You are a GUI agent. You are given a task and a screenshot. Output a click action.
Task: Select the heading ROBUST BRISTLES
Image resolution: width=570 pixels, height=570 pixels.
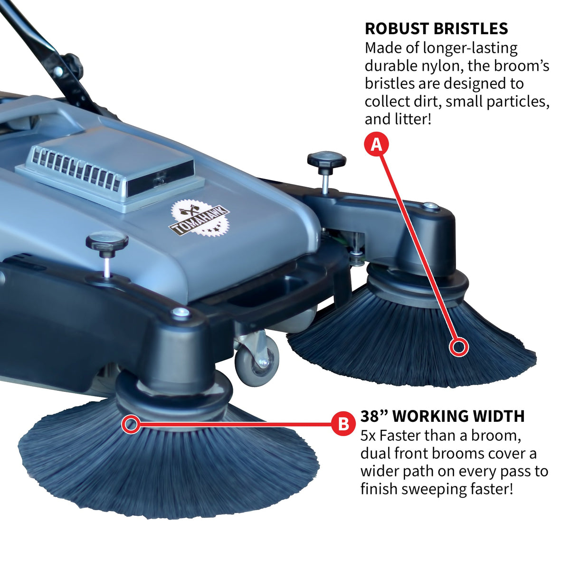tap(436, 28)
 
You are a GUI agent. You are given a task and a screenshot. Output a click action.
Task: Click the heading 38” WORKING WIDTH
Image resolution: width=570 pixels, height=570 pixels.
tap(442, 416)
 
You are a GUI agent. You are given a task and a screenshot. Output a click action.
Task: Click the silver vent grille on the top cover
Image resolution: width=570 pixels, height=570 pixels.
tap(76, 166)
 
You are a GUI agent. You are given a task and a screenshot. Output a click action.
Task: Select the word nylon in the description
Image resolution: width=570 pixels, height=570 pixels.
tap(439, 66)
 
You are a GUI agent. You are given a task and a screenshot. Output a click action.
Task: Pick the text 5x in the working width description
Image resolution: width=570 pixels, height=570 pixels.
tap(368, 435)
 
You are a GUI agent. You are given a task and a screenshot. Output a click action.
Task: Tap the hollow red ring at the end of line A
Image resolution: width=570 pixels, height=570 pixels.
tap(458, 348)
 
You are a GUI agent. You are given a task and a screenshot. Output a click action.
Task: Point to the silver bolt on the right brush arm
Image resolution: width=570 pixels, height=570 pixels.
tap(430, 206)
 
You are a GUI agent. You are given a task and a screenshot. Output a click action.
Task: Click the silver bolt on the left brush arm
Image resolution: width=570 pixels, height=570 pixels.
tap(180, 312)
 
